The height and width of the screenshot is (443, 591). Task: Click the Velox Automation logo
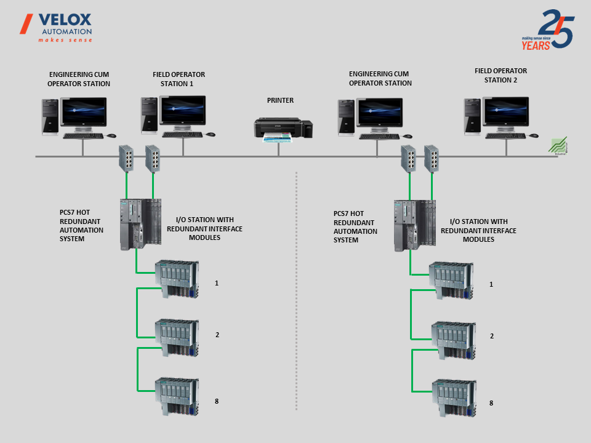pyautogui.click(x=57, y=27)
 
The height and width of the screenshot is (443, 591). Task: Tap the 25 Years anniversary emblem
pyautogui.click(x=548, y=30)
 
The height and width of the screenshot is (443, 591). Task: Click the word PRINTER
pyautogui.click(x=280, y=100)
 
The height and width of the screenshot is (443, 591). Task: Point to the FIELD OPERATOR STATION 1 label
pyautogui.click(x=179, y=79)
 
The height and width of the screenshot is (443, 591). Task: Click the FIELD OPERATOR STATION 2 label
pyautogui.click(x=501, y=75)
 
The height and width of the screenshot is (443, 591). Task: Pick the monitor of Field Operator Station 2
pyautogui.click(x=505, y=113)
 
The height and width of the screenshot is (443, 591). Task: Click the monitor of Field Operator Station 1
pyautogui.click(x=182, y=111)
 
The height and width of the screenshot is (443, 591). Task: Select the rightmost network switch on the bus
pyautogui.click(x=432, y=158)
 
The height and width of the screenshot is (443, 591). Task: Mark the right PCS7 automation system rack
pyautogui.click(x=415, y=225)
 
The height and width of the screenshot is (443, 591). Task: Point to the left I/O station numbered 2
pyautogui.click(x=176, y=337)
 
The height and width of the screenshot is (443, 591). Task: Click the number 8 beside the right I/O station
pyautogui.click(x=491, y=403)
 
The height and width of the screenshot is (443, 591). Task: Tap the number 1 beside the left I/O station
pyautogui.click(x=217, y=283)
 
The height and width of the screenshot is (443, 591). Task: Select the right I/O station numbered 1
pyautogui.click(x=452, y=281)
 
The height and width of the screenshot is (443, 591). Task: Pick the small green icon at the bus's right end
pyautogui.click(x=558, y=146)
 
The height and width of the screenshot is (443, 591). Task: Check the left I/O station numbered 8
pyautogui.click(x=176, y=396)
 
